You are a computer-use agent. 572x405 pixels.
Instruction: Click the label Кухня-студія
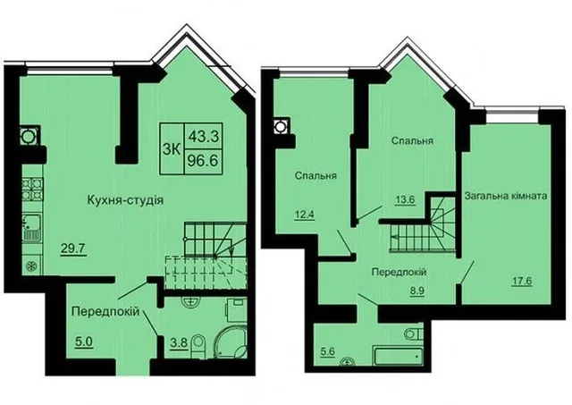[x=125, y=200]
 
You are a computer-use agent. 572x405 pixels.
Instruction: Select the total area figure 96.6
[x=203, y=160]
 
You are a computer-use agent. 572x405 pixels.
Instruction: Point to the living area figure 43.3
[x=203, y=137]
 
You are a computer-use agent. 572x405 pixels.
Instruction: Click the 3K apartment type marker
[x=171, y=149]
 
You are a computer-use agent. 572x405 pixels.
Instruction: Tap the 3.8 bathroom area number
[x=179, y=342]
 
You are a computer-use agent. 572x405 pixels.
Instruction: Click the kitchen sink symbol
[x=32, y=228]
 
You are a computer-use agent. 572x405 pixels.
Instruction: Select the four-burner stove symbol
[x=32, y=189]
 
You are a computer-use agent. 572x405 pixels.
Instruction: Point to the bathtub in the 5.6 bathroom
[x=397, y=355]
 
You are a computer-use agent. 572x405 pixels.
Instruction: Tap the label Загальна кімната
[x=506, y=196]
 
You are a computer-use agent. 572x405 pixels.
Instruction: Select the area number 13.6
[x=406, y=199]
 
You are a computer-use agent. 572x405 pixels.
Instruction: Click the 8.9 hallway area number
[x=416, y=291]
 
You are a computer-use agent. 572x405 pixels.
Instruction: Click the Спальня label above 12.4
[x=315, y=175]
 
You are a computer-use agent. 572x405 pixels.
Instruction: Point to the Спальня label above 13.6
[x=412, y=140]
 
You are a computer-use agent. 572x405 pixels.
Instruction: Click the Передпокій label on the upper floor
[x=400, y=272]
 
